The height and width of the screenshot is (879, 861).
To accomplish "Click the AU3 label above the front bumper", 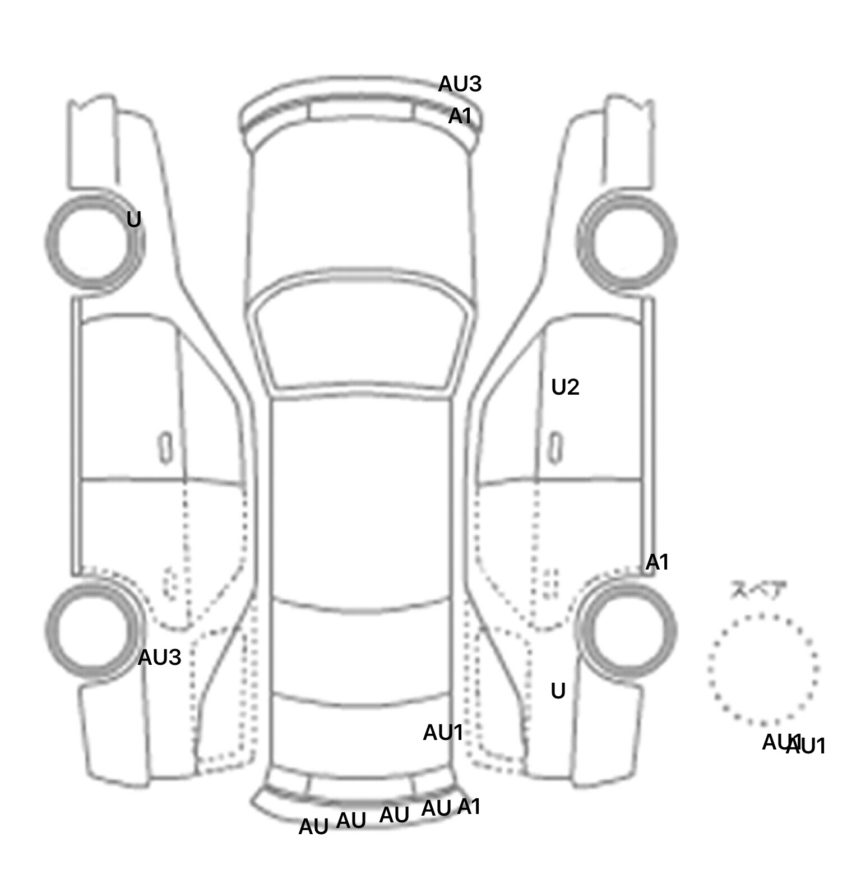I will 460,84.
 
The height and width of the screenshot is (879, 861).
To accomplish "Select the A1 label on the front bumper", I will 460,117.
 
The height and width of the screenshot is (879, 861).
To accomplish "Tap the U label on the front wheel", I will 133,220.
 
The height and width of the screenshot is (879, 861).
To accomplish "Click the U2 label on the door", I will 565,387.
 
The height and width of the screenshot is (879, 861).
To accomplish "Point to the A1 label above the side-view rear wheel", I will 657,562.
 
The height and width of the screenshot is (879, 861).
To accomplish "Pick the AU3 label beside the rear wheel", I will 159,658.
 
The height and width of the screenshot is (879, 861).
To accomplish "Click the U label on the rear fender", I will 558,691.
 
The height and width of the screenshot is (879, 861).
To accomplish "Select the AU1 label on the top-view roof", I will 443,733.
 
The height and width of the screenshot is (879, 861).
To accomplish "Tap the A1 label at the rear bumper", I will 469,807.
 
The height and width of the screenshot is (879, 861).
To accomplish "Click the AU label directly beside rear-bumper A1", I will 436,808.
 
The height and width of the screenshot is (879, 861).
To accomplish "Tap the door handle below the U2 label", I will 556,447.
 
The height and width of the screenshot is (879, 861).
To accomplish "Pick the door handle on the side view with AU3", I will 165,447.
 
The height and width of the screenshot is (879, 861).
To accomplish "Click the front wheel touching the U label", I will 94,242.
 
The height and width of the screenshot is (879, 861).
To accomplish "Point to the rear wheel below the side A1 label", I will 627,629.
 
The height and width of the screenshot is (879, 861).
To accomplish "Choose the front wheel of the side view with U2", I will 627,242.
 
